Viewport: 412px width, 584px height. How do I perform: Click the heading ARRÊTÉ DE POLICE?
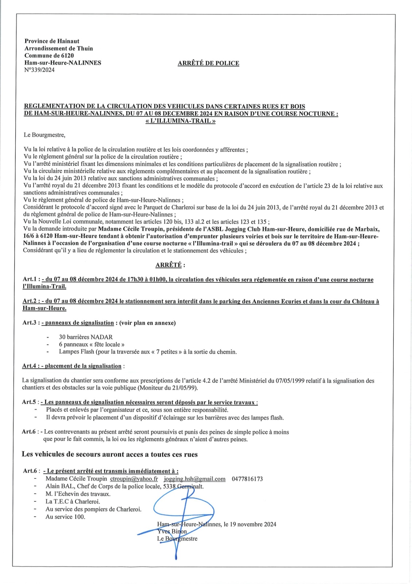pyautogui.click(x=208, y=63)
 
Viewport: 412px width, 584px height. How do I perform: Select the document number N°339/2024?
pyautogui.click(x=39, y=70)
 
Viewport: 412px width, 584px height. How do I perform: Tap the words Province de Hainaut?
pyautogui.click(x=52, y=41)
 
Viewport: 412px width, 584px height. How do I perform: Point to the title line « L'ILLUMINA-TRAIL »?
pyautogui.click(x=180, y=121)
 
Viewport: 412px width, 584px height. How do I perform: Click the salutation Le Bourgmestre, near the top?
pyautogui.click(x=44, y=135)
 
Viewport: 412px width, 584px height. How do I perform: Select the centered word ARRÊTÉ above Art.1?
pyautogui.click(x=168, y=265)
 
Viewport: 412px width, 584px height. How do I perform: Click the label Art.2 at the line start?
pyautogui.click(x=30, y=301)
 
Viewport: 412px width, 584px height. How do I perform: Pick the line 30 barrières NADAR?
pyautogui.click(x=86, y=337)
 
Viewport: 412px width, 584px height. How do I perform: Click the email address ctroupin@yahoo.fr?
pyautogui.click(x=134, y=479)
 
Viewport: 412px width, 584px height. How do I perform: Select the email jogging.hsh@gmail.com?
pyautogui.click(x=194, y=479)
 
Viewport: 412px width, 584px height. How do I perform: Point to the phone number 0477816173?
pyautogui.click(x=247, y=479)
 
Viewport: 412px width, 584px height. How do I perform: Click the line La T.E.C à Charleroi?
pyautogui.click(x=73, y=502)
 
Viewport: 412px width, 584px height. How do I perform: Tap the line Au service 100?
pyautogui.click(x=65, y=517)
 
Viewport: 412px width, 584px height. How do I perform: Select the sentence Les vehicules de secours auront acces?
pyautogui.click(x=109, y=454)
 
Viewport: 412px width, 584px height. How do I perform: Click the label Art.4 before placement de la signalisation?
pyautogui.click(x=29, y=366)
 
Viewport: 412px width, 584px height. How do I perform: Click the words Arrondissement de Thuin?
pyautogui.click(x=59, y=49)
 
